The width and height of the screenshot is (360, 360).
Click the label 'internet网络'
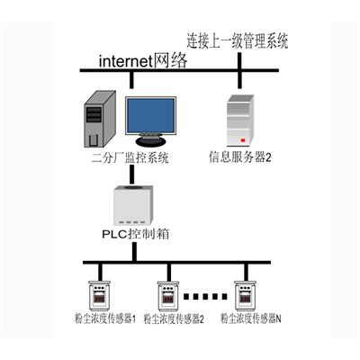point(143,60)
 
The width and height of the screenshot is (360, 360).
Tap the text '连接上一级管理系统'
point(238,40)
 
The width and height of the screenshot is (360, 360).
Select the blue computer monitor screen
point(150,116)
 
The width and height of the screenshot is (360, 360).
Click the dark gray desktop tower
point(100,120)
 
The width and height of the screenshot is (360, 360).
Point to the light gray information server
point(240,120)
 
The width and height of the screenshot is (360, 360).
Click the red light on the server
point(243,140)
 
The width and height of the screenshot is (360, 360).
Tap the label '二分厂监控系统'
point(130,158)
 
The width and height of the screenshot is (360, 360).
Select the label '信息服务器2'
point(240,157)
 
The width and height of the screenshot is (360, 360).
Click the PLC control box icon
point(133,205)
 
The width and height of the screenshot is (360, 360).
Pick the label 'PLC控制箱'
point(136,234)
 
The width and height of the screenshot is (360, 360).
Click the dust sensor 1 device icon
point(99,295)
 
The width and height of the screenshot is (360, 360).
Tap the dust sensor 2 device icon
point(168,296)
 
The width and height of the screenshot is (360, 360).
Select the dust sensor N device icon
point(246,295)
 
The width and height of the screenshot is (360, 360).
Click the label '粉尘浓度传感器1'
point(105,319)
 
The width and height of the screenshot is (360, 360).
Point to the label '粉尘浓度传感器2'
point(174,319)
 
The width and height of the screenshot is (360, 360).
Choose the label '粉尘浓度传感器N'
point(251,319)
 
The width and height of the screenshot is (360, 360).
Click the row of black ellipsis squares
point(205,296)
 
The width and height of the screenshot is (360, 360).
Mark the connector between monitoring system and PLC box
point(131,175)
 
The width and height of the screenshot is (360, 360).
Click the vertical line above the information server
point(239,71)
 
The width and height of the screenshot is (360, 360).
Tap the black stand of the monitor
point(150,141)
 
